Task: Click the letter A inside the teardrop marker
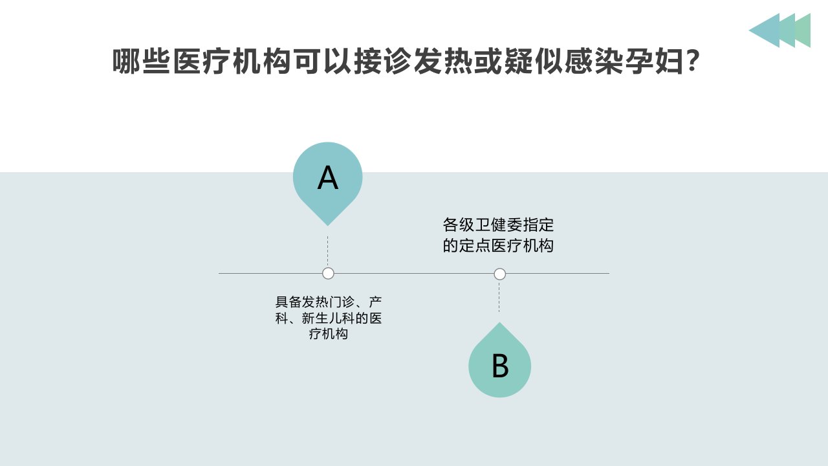327,178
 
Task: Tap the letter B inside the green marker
500,366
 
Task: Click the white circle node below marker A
328,274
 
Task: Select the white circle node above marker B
500,274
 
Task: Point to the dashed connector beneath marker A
327,250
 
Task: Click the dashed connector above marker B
499,297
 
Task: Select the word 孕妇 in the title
654,61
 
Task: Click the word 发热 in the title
443,61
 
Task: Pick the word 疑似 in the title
534,61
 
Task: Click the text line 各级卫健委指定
498,225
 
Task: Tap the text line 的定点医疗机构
498,245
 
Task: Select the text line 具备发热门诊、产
328,302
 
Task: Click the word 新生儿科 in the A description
328,318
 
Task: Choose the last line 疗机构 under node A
328,334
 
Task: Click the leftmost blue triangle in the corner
765,30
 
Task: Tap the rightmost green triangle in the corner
803,30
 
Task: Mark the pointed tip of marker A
327,226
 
